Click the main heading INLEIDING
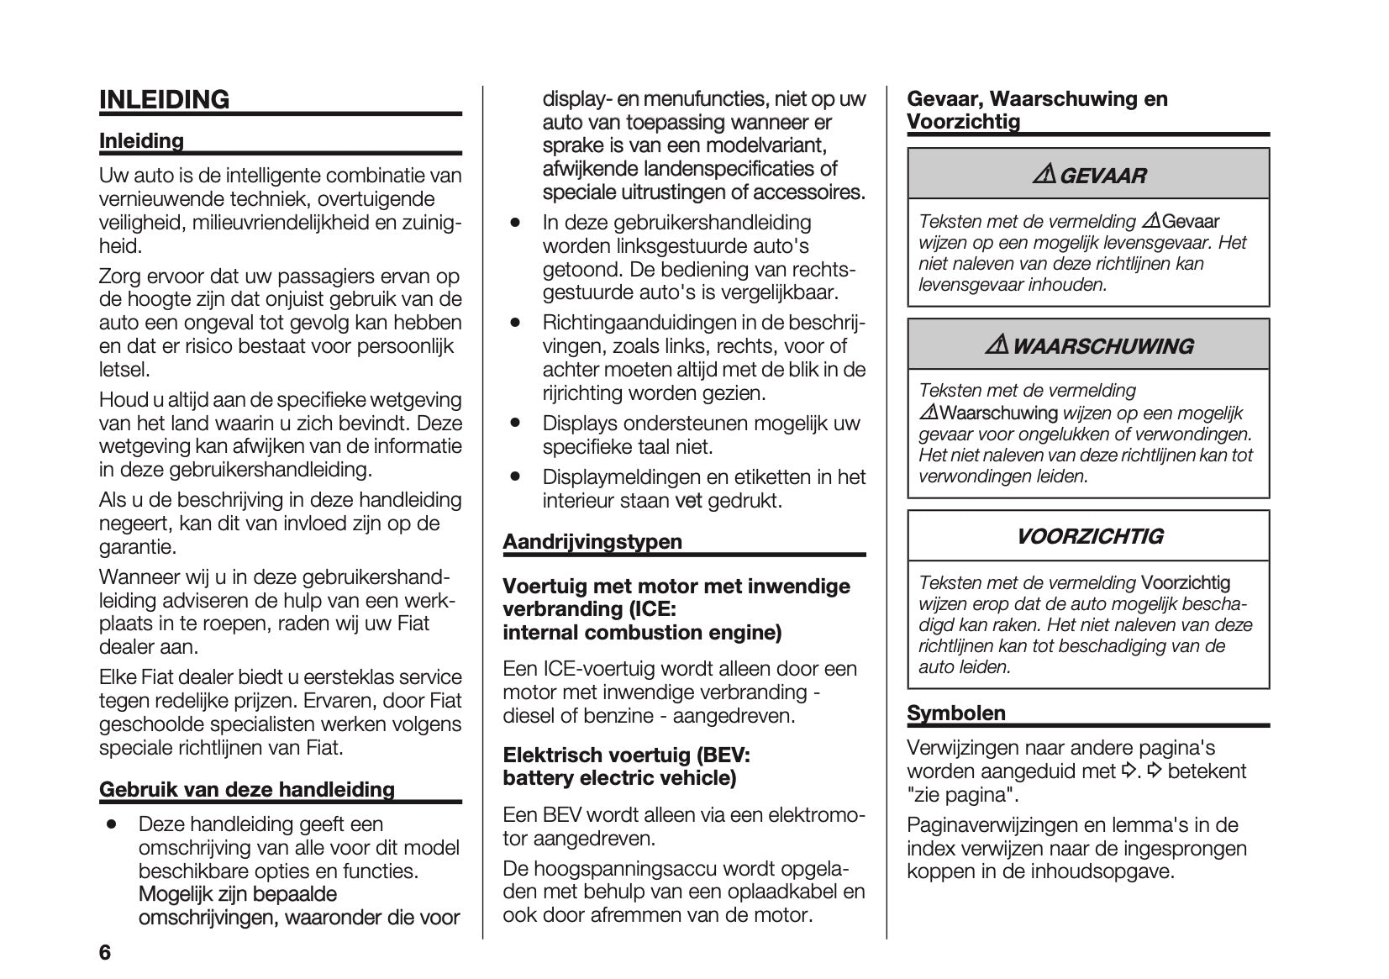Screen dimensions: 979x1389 (164, 100)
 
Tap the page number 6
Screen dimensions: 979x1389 (105, 953)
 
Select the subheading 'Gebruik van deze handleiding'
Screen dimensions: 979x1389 (246, 790)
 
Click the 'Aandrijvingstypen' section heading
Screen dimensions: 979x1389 (592, 542)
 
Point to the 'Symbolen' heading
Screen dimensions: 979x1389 (956, 713)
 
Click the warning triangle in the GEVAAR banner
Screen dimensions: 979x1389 (1044, 176)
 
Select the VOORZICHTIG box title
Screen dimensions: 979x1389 (1089, 536)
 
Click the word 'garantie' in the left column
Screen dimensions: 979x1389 (137, 548)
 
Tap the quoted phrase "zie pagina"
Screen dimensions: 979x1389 (962, 795)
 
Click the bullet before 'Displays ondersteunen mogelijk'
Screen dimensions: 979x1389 (516, 423)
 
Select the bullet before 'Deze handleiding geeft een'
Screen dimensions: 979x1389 (111, 824)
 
